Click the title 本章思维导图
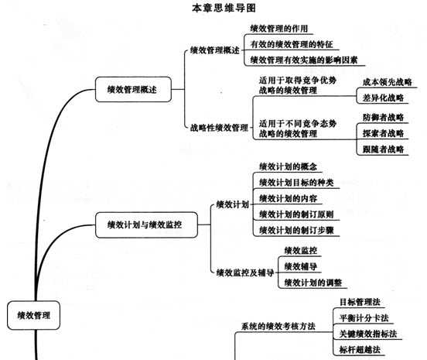pos(224,8)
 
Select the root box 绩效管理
pos(33,315)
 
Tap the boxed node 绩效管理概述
pos(133,89)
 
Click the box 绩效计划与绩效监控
pos(146,225)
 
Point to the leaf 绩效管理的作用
pos(278,29)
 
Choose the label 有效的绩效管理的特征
pos(292,44)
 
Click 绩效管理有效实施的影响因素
pos(304,60)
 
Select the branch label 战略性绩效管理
pos(219,128)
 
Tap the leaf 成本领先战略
pos(387,82)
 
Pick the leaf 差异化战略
pos(383,98)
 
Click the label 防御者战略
pos(383,118)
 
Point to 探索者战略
pos(383,133)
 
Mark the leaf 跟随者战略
pos(383,149)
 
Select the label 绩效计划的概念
pos(288,166)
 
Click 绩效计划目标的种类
pos(296,182)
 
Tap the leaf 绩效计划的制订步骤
pos(296,230)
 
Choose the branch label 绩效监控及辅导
pos(245,273)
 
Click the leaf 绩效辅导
pos(301,266)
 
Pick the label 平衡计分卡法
pos(364,317)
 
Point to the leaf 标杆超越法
pos(360,349)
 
